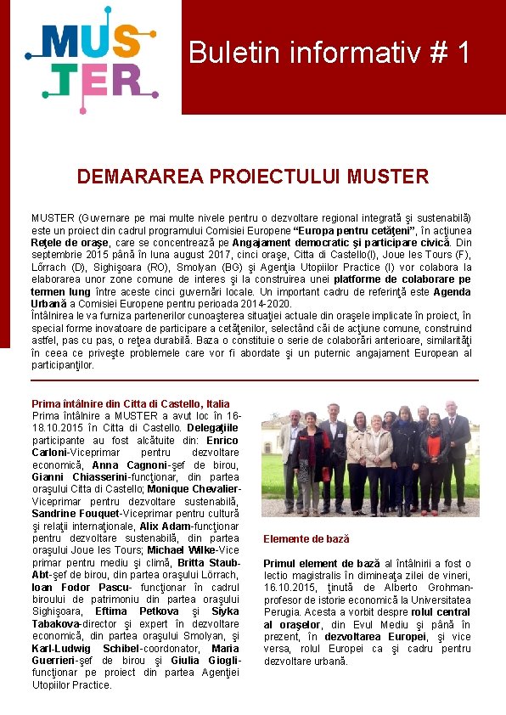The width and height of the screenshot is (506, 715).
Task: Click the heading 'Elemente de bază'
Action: tap(306, 539)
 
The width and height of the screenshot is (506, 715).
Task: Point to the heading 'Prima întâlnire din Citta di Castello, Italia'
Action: tap(130, 403)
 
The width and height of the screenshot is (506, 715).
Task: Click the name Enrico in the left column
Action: tap(222, 440)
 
